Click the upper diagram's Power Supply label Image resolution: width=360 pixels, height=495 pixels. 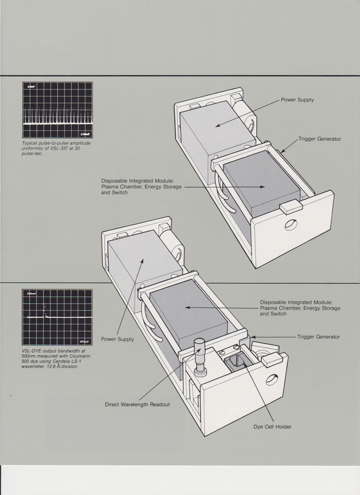[x=297, y=100]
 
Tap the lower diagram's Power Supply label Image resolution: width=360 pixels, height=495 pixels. [x=118, y=339]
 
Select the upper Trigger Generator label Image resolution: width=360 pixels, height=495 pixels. [x=319, y=139]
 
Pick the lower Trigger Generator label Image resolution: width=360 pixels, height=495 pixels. [x=318, y=337]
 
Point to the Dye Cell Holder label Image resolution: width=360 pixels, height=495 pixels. [x=273, y=427]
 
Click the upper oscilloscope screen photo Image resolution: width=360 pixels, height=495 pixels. [x=57, y=110]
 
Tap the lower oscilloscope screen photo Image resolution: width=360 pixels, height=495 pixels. [x=57, y=317]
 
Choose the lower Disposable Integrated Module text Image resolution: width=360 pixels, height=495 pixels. [x=300, y=308]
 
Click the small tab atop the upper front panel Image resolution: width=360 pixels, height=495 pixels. [x=290, y=207]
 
